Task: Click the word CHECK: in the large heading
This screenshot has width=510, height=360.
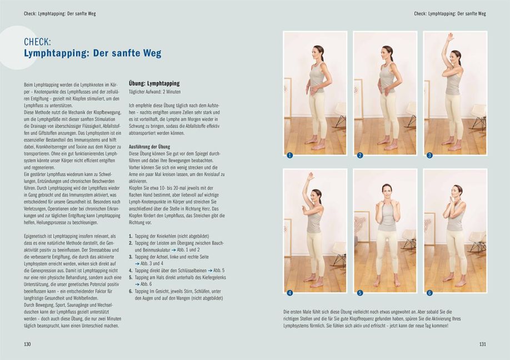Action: point(38,42)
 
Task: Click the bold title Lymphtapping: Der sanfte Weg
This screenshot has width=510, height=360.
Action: point(92,54)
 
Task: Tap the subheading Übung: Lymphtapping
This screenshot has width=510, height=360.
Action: point(154,83)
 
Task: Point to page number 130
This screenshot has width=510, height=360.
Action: point(27,344)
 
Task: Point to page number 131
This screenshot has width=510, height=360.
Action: point(482,344)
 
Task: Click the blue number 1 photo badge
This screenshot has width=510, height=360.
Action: point(289,156)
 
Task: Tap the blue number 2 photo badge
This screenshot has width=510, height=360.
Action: point(360,156)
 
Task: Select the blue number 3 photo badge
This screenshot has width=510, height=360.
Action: point(429,156)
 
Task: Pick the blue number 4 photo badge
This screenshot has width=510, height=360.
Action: point(289,293)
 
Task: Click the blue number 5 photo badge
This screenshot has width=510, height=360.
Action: point(360,293)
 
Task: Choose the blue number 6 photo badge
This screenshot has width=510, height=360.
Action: point(429,293)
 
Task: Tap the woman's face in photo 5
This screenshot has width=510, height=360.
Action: point(386,191)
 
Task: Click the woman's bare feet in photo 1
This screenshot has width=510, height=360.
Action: point(314,146)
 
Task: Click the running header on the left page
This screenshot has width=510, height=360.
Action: point(60,13)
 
